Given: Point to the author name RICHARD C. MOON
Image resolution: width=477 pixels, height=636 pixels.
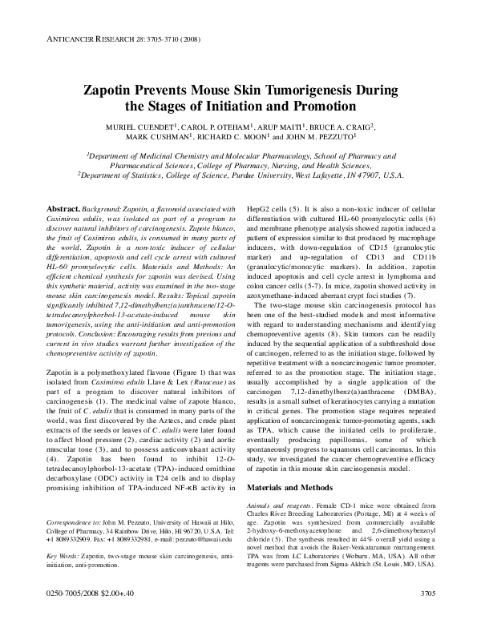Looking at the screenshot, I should coord(247,137).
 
